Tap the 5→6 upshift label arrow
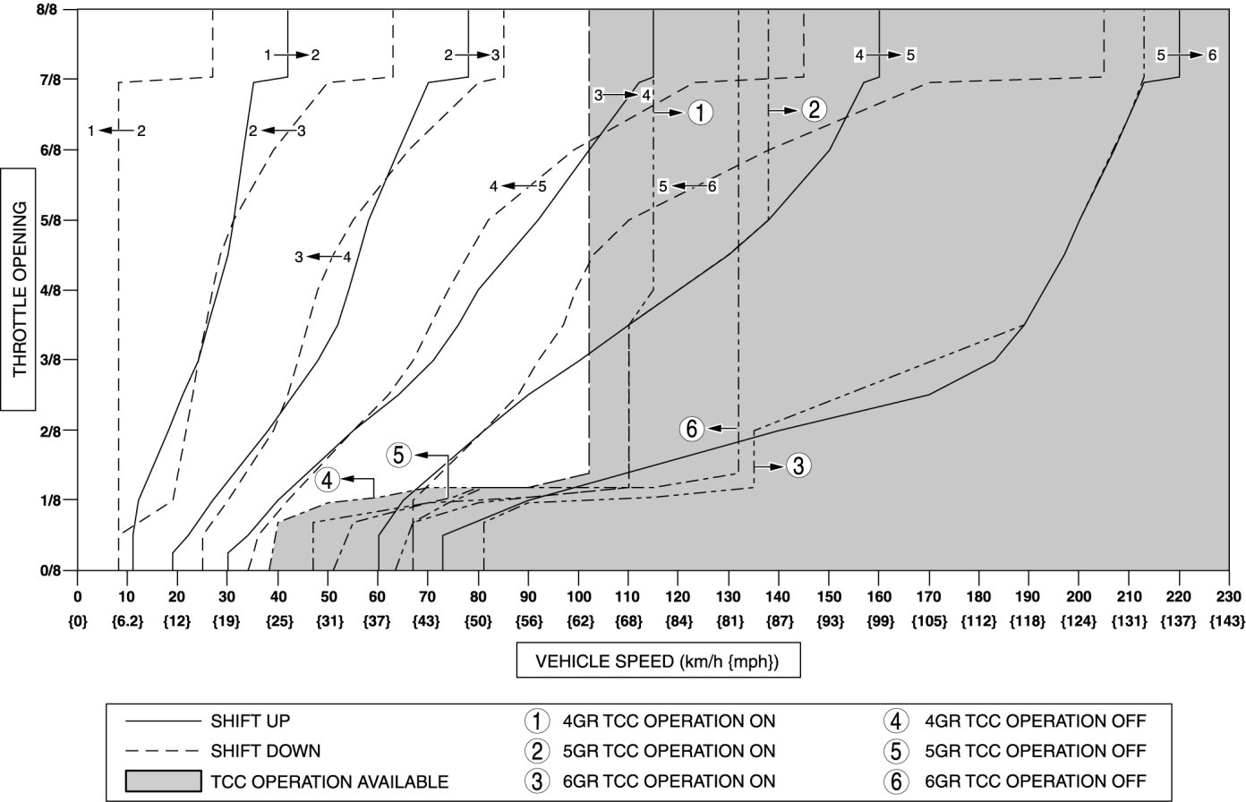(1186, 55)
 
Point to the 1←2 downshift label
(116, 131)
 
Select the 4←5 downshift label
(517, 186)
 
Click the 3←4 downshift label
(322, 257)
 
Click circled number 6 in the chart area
(691, 429)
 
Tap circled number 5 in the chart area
(398, 455)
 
